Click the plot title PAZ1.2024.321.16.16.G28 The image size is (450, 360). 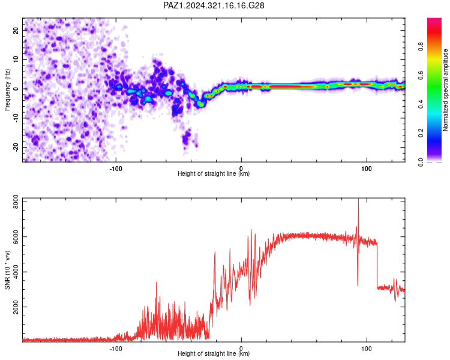pyautogui.click(x=214, y=5)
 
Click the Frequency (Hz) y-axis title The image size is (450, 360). pyautogui.click(x=7, y=90)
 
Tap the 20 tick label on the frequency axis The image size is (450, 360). pyautogui.click(x=16, y=30)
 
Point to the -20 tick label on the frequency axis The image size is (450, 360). pyautogui.click(x=16, y=148)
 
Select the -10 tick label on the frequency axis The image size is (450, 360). pyautogui.click(x=16, y=118)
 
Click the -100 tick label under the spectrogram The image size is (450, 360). pyautogui.click(x=116, y=169)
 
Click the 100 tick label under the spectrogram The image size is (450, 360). pyautogui.click(x=367, y=169)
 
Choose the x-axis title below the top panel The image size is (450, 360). pyautogui.click(x=214, y=173)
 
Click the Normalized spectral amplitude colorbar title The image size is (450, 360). pyautogui.click(x=445, y=90)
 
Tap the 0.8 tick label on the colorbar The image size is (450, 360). pyautogui.click(x=421, y=47)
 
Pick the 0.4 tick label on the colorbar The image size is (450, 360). pyautogui.click(x=421, y=104)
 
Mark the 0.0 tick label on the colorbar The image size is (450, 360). pyautogui.click(x=421, y=162)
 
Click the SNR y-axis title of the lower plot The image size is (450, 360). pyautogui.click(x=7, y=270)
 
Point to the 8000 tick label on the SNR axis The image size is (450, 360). pyautogui.click(x=16, y=202)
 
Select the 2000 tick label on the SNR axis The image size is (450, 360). pyautogui.click(x=16, y=307)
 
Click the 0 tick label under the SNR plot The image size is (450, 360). pyautogui.click(x=241, y=349)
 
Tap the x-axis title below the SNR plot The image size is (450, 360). pyautogui.click(x=214, y=353)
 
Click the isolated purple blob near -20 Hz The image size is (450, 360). pyautogui.click(x=187, y=138)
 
